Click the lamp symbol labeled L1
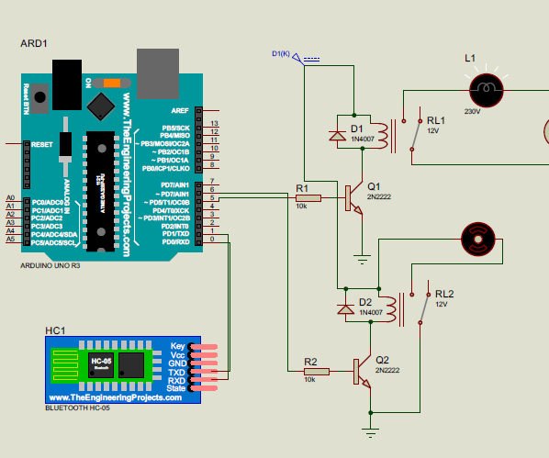[487, 89]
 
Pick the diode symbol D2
[346, 309]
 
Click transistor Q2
[361, 370]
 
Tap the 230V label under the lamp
[473, 111]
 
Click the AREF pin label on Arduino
[179, 109]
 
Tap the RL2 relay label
[444, 293]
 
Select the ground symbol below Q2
[370, 428]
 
